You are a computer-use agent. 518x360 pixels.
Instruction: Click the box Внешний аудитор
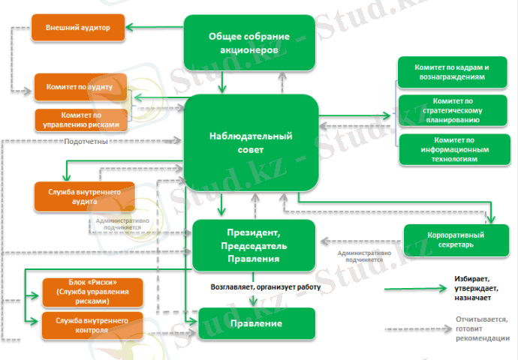(x=78, y=28)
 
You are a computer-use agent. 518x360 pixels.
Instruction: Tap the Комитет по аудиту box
(x=80, y=87)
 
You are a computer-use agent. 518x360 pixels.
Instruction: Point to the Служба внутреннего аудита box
(x=83, y=196)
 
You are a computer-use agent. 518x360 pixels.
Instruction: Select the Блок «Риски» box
(x=82, y=289)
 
